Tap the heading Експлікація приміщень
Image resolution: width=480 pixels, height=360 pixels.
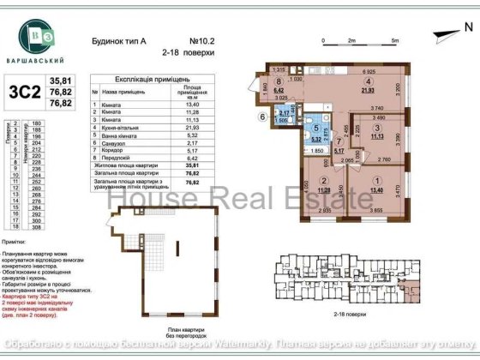(159, 77)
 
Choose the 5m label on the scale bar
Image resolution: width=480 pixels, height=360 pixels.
(393, 40)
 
